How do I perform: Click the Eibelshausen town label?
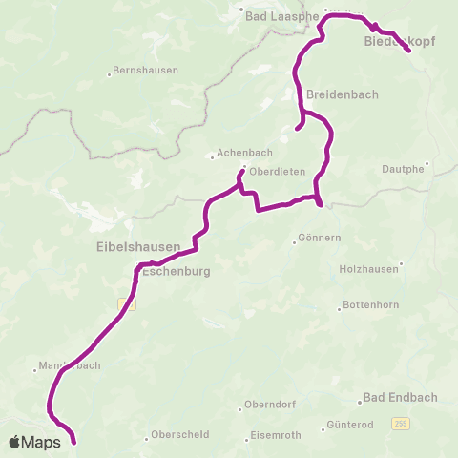tap(138, 246)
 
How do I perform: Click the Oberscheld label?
tap(176, 438)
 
